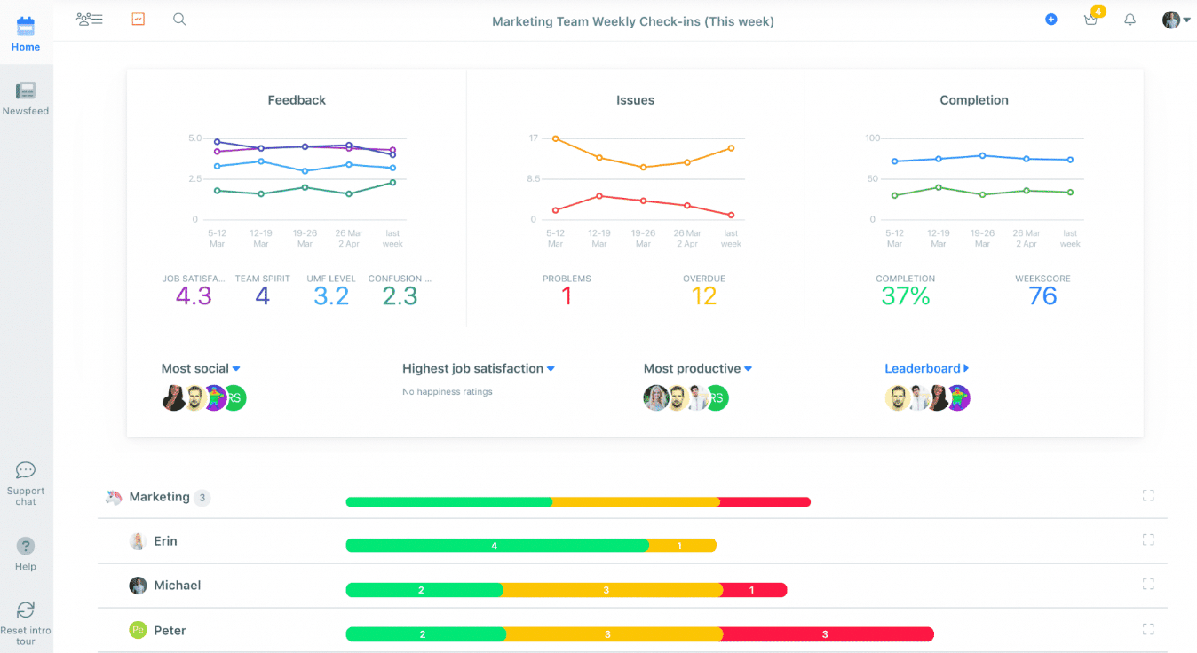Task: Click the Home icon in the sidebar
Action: (x=26, y=27)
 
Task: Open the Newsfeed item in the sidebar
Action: (x=26, y=90)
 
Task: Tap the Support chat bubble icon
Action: (x=26, y=470)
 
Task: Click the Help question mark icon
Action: (x=26, y=546)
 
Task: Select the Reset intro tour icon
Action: (x=26, y=610)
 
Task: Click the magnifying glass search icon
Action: (x=179, y=19)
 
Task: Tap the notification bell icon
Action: (x=1130, y=20)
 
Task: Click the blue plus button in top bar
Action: (x=1051, y=19)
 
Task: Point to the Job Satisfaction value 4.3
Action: (x=194, y=296)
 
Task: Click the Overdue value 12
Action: (x=704, y=296)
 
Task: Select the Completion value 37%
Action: (x=906, y=296)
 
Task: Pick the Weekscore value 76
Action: (x=1042, y=296)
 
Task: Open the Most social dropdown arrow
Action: (x=236, y=368)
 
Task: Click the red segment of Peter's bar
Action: (x=827, y=634)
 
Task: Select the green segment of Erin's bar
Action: (x=496, y=546)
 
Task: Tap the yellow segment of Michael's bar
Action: (x=611, y=590)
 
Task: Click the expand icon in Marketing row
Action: (x=1148, y=496)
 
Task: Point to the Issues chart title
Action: (x=635, y=100)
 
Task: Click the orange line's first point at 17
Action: (x=556, y=138)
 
